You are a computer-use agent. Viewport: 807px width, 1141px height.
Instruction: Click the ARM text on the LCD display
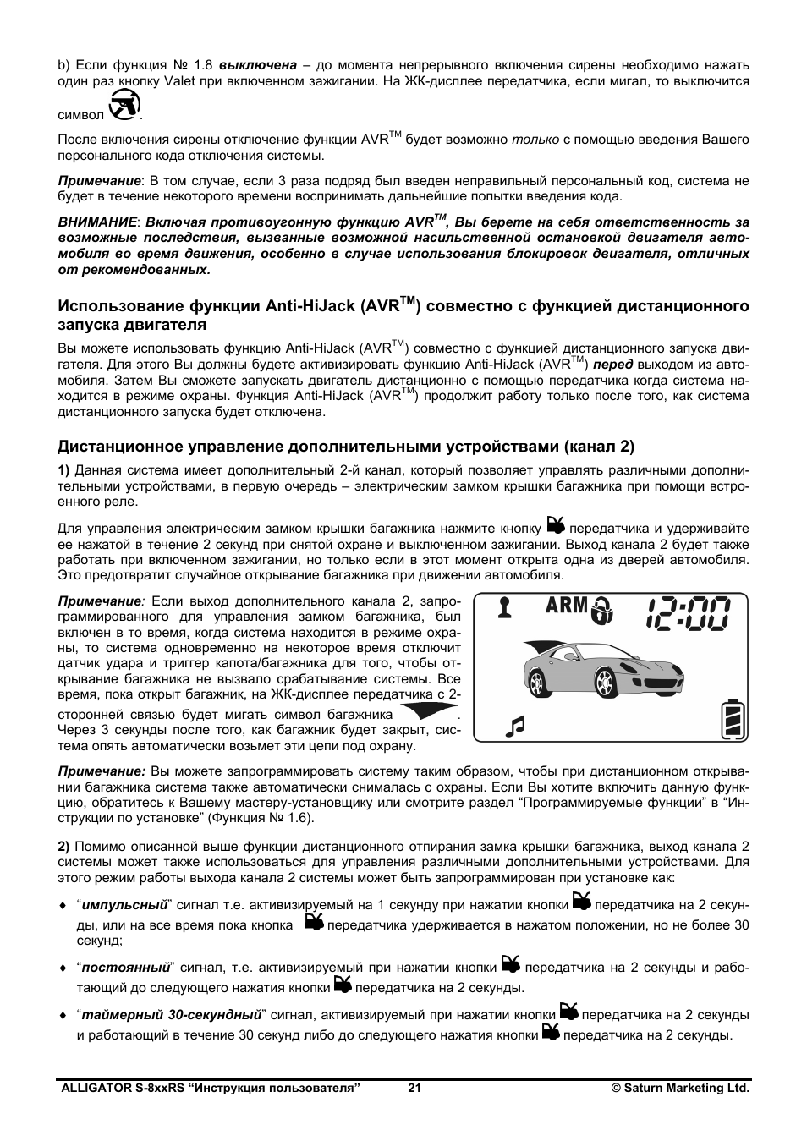coord(566,606)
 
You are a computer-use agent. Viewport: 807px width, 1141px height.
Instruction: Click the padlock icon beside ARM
coord(603,610)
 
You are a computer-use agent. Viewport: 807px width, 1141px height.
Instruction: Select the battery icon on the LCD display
coord(733,719)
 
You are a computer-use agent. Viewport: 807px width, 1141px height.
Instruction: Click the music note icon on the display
coord(514,725)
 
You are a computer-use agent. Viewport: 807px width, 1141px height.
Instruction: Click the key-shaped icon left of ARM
coord(505,607)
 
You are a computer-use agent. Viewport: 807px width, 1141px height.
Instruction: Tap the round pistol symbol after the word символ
coord(124,107)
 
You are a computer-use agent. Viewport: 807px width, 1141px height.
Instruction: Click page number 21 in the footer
coord(414,1089)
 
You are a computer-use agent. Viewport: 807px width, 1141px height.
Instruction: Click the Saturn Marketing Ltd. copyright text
coord(680,1089)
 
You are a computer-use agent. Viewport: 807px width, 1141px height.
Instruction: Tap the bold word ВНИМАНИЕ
coord(96,222)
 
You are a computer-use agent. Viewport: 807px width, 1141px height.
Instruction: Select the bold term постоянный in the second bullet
coord(126,968)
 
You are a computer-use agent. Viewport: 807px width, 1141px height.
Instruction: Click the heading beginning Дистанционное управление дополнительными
coord(345,446)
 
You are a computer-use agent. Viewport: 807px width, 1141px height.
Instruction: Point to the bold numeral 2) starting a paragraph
coord(63,846)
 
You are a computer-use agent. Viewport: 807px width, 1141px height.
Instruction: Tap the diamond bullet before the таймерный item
coord(62,1015)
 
